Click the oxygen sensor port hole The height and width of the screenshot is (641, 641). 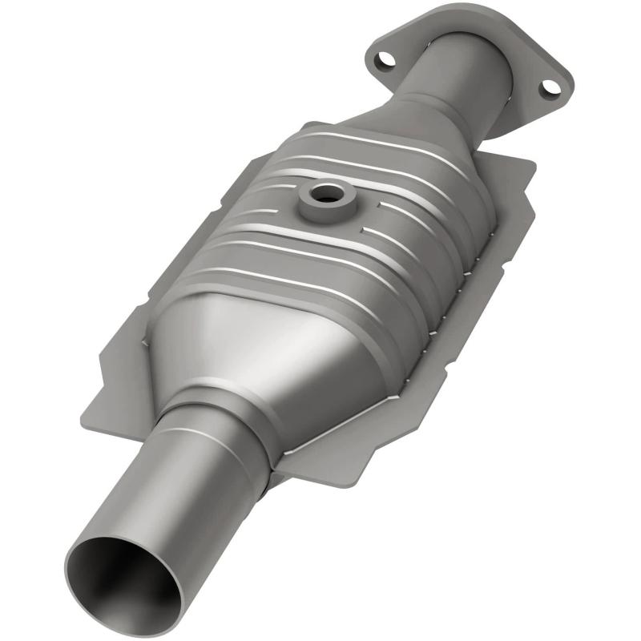coord(326,194)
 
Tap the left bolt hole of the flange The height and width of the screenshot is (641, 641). coord(386,58)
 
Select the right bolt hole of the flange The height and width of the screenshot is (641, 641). coord(548,87)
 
